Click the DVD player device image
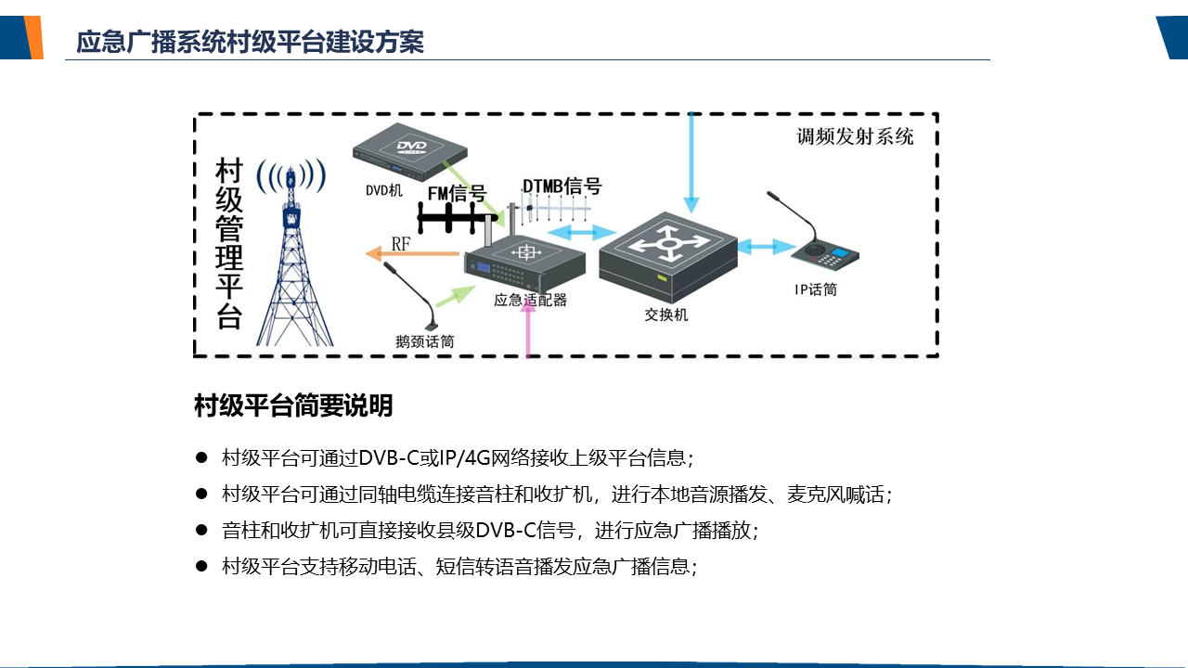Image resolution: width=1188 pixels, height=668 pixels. pyautogui.click(x=409, y=153)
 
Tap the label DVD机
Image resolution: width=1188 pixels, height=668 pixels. pyautogui.click(x=383, y=191)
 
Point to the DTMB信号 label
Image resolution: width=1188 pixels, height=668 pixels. pyautogui.click(x=562, y=186)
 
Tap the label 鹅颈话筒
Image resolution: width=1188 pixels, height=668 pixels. pyautogui.click(x=424, y=341)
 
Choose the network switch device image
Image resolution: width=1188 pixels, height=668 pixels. pyautogui.click(x=667, y=250)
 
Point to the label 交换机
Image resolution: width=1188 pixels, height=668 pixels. pyautogui.click(x=666, y=315)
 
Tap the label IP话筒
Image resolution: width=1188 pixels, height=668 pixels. pyautogui.click(x=815, y=289)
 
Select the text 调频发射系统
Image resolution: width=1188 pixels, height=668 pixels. pyautogui.click(x=855, y=137)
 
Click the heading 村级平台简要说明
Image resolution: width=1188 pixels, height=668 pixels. pyautogui.click(x=293, y=405)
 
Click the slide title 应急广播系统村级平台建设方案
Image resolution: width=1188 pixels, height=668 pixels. pyautogui.click(x=251, y=43)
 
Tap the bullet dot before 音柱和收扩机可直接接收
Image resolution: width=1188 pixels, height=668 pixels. pyautogui.click(x=200, y=530)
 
